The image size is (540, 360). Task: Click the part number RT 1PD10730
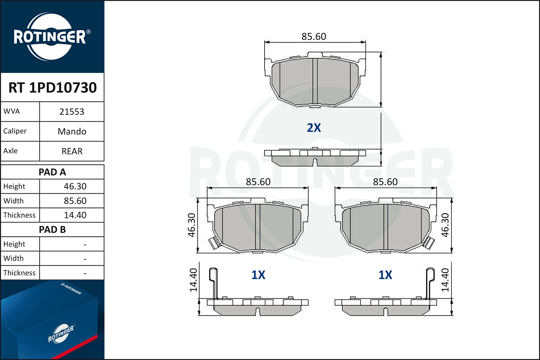(53, 87)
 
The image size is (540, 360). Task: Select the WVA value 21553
(72, 112)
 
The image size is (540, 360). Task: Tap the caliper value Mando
(72, 131)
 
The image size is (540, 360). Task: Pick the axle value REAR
(72, 151)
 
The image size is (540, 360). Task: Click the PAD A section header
(52, 172)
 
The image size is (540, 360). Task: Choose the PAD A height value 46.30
(75, 186)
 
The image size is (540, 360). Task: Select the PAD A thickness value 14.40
(75, 215)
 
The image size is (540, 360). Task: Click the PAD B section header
(52, 230)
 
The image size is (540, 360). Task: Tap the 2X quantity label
(314, 128)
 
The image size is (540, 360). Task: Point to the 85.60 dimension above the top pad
(314, 37)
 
